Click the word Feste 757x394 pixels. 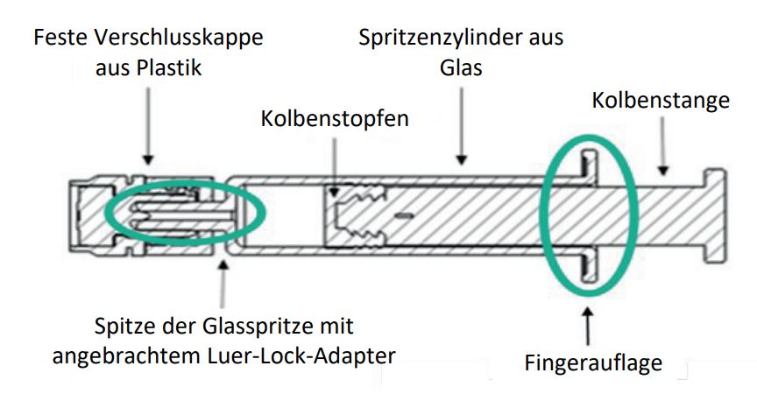click(x=60, y=37)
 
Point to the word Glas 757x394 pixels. click(x=461, y=67)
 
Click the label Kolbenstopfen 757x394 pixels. click(x=335, y=118)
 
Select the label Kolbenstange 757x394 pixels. click(x=661, y=101)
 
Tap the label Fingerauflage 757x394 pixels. click(x=593, y=362)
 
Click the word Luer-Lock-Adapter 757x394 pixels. click(x=301, y=356)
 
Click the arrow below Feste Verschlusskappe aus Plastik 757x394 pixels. click(x=148, y=126)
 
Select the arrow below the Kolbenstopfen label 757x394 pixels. click(x=335, y=167)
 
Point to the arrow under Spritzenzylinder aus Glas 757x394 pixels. click(x=462, y=126)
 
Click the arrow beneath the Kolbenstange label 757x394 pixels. click(x=663, y=146)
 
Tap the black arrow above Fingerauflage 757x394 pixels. click(x=588, y=327)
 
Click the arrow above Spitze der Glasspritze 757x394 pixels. click(x=223, y=284)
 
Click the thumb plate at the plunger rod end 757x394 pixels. click(x=715, y=215)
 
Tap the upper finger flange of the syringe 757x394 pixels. click(x=589, y=167)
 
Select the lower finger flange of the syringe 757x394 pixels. click(x=589, y=265)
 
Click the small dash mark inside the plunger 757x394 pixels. click(x=404, y=215)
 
